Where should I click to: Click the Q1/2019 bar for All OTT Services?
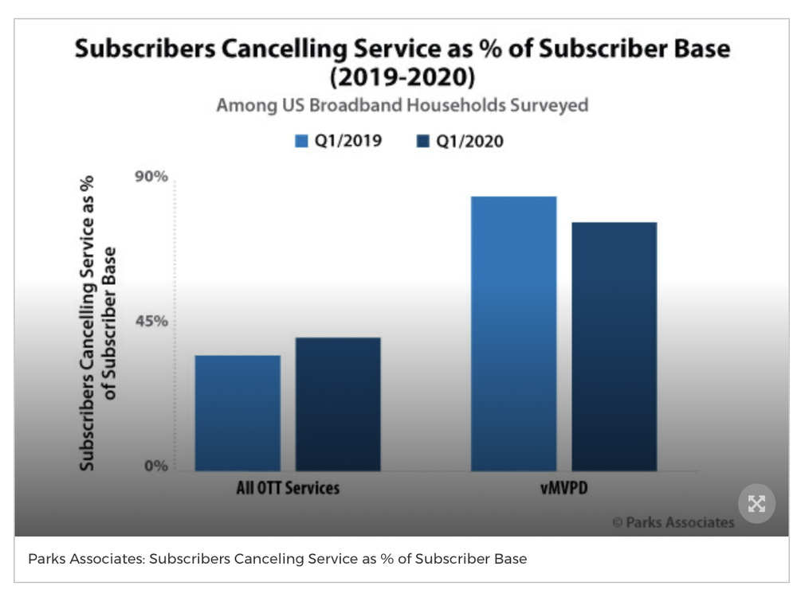[x=238, y=412]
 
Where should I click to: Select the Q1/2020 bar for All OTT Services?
[x=338, y=404]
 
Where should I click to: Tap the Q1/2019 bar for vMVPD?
[x=513, y=333]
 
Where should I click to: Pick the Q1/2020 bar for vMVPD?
[x=614, y=346]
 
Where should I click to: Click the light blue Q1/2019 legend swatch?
[x=302, y=142]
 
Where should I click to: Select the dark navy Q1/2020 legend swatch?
[x=423, y=142]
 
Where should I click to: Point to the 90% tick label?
[x=151, y=177]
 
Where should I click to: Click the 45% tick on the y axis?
[x=151, y=322]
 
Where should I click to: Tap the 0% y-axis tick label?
[x=155, y=466]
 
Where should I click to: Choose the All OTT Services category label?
[x=288, y=488]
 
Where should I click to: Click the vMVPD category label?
[x=563, y=488]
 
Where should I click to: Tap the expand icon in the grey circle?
[x=756, y=503]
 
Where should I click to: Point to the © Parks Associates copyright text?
[x=673, y=523]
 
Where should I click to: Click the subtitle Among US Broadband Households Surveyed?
[x=402, y=105]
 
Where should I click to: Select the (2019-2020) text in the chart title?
[x=402, y=78]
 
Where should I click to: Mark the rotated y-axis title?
[x=97, y=322]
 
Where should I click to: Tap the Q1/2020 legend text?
[x=469, y=142]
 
